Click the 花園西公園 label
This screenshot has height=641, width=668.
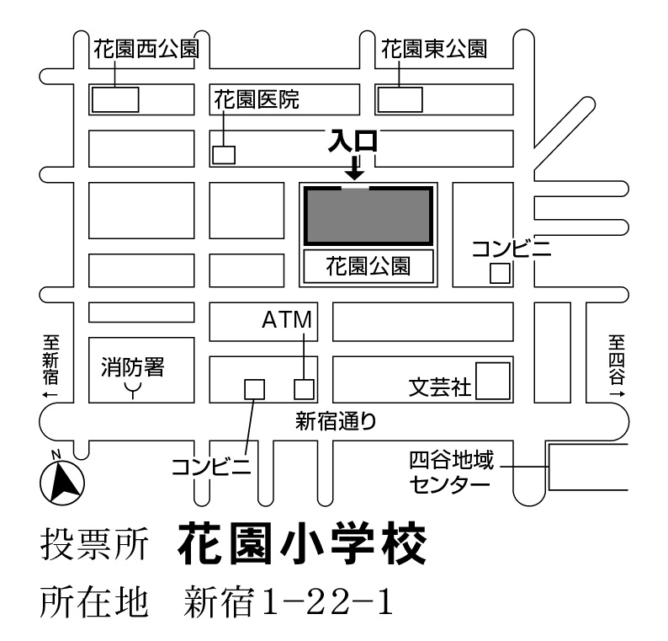pos(146,49)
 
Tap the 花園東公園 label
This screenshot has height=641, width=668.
pos(433,49)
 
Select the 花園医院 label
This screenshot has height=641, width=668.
pos(257,99)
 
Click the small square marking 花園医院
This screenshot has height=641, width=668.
pos(224,155)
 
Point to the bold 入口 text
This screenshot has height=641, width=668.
pos(353,142)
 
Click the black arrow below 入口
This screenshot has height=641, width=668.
pos(354,168)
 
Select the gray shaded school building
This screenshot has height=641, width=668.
pos(368,216)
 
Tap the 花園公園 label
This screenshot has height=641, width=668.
pos(368,266)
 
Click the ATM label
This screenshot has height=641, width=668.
pos(287,320)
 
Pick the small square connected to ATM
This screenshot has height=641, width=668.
pos(305,389)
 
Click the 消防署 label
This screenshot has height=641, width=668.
pos(132,367)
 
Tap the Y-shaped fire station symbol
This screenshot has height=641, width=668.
pos(133,390)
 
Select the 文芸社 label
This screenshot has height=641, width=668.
pos(440,387)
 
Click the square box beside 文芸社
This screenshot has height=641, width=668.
pos(493,381)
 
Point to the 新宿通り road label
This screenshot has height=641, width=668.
pos(336,422)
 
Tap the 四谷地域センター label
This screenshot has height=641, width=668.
pos(452,473)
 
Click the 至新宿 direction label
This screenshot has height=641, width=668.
pos(50,366)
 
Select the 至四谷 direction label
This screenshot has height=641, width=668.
pos(617,366)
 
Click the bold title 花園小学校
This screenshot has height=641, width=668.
pos(302,544)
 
